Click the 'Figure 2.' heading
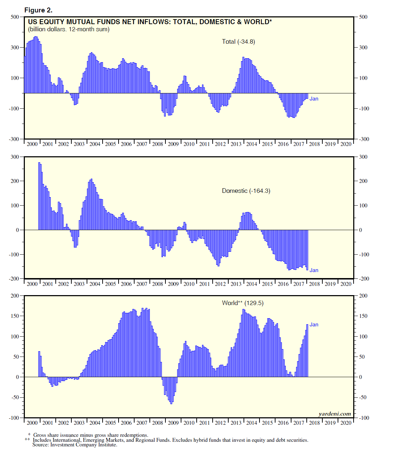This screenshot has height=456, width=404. (38, 10)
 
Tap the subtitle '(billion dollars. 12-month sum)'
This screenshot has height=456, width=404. (69, 29)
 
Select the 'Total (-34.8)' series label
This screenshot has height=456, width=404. (238, 42)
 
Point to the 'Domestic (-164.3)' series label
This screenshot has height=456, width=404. (246, 191)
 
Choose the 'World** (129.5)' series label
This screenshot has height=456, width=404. (242, 303)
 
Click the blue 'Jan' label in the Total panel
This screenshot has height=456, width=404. (314, 99)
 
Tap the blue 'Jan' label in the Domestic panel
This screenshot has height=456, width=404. (314, 270)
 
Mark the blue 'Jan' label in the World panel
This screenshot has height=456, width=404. (314, 325)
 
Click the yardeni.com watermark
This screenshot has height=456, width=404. (334, 414)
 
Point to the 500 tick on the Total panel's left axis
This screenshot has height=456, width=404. (15, 17)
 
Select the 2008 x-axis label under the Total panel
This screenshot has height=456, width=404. (158, 144)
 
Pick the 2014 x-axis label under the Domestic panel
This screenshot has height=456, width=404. (252, 284)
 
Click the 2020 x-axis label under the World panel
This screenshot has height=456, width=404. (346, 423)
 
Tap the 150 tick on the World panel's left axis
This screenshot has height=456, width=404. (15, 316)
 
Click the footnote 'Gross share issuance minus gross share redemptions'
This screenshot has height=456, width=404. (91, 435)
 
